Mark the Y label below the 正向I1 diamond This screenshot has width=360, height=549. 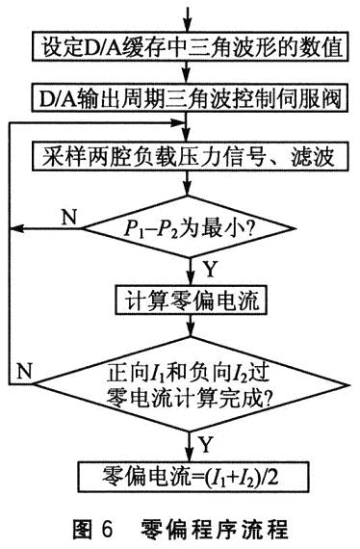coord(205,442)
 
